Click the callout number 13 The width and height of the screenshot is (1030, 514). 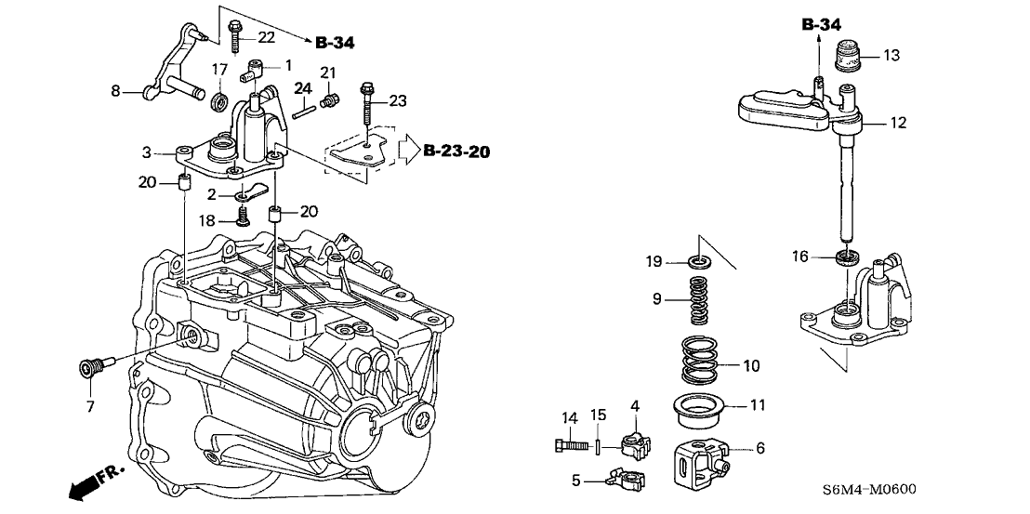coord(891,56)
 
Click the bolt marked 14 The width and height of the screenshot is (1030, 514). coord(572,444)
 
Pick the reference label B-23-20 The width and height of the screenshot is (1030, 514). coord(456,152)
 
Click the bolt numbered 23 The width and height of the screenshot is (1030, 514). coord(367,106)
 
